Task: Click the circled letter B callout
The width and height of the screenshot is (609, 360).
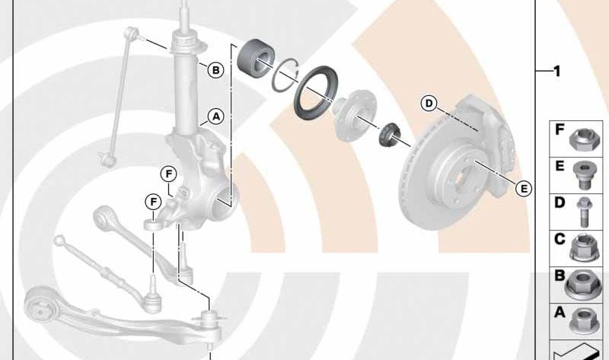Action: [215, 70]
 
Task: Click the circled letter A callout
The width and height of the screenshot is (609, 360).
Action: [216, 116]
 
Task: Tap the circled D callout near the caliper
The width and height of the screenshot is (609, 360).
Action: [429, 104]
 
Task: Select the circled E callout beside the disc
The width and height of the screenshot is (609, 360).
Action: [524, 189]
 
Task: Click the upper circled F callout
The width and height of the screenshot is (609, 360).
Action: [168, 174]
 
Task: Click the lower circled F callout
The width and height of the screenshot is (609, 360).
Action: [154, 202]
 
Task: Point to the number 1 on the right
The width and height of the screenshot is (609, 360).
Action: [557, 72]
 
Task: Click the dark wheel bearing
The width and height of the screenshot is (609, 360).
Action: [256, 59]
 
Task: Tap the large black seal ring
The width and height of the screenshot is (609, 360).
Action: [315, 92]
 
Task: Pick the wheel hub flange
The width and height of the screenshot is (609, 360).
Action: [355, 115]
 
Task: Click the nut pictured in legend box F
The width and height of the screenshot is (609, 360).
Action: [585, 139]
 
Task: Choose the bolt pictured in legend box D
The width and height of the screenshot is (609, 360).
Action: [584, 212]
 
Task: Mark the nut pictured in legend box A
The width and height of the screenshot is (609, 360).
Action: [584, 320]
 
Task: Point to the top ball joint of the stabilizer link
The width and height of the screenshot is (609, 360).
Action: [131, 33]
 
